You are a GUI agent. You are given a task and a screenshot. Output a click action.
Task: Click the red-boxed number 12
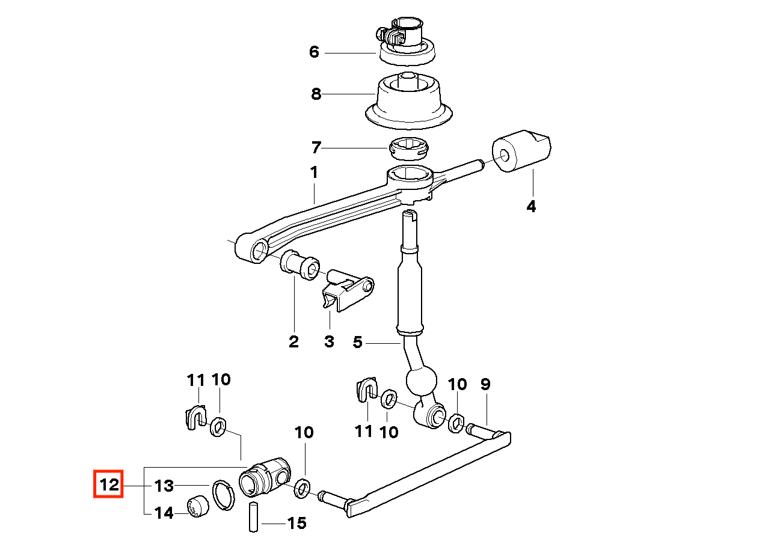point(108,484)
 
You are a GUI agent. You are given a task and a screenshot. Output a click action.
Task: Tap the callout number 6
point(314,52)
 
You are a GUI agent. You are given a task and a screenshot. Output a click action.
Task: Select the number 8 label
point(316,94)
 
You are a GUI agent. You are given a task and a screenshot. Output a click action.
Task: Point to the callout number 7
point(316,147)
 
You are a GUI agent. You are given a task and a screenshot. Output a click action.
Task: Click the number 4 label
point(530,207)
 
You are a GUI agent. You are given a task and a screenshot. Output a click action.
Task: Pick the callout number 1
point(313,173)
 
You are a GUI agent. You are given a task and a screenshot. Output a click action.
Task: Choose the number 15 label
point(297,523)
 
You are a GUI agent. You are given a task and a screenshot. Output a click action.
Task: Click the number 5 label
point(358,343)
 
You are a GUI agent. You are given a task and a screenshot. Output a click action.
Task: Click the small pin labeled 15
point(253,517)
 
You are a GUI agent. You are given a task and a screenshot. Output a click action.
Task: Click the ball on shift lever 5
point(420,380)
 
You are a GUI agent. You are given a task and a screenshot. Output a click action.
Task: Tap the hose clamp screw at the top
point(381,34)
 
